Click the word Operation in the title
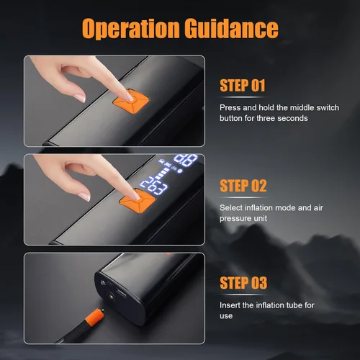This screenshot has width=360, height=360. click(x=130, y=28)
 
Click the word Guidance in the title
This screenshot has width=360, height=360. click(x=232, y=28)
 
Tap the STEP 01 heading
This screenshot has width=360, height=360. click(x=243, y=86)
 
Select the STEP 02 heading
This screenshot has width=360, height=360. click(x=243, y=186)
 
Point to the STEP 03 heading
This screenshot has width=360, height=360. click(x=243, y=283)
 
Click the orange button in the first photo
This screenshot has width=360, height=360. click(x=131, y=100)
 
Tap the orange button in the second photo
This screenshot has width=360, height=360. click(x=137, y=201)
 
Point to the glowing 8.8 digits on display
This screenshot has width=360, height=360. click(x=186, y=160)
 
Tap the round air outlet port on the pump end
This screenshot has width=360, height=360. click(x=112, y=297)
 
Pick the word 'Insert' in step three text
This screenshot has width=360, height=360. click(x=230, y=305)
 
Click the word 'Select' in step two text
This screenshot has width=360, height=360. click(x=231, y=208)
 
